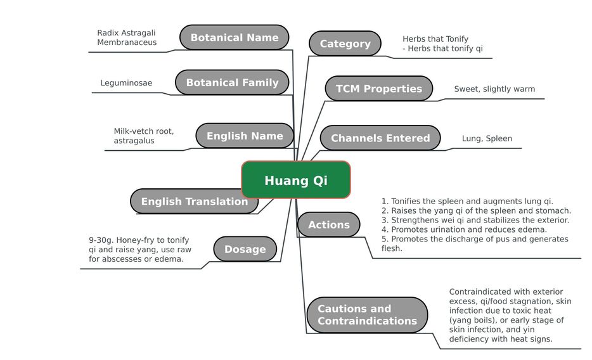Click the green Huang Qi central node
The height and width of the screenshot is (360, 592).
pos(296,180)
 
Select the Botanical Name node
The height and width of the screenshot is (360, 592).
pos(234,37)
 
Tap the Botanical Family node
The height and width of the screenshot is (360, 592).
pos(232,82)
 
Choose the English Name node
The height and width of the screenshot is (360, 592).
pos(245,136)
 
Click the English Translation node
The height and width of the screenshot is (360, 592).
pos(194,201)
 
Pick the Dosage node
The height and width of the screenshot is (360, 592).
pos(245,249)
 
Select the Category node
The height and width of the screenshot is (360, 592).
pos(345,43)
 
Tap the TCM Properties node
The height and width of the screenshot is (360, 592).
pos(378,88)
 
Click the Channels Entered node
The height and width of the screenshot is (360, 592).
pos(380,138)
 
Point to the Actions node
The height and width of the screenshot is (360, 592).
pos(329,224)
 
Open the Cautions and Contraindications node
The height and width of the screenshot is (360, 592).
pos(367,315)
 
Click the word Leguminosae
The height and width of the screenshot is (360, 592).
pos(126,82)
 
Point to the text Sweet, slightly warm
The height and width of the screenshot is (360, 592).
pos(494,89)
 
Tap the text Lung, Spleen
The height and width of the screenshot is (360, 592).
pos(487,139)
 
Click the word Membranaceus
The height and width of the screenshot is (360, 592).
pos(127,42)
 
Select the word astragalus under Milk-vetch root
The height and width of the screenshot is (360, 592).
pos(134,141)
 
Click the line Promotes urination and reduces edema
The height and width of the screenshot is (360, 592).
pos(464,229)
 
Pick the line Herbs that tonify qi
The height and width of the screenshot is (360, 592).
pos(442,48)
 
